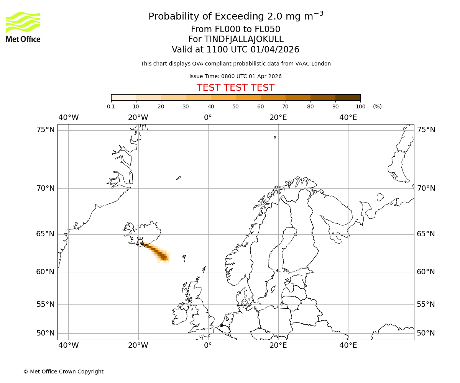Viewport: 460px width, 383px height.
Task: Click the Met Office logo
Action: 23,27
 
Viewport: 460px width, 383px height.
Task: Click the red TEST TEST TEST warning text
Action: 235,88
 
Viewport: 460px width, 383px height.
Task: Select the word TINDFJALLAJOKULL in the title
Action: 244,39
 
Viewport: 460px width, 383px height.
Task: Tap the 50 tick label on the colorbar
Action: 235,106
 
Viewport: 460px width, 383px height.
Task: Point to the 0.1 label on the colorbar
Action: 111,106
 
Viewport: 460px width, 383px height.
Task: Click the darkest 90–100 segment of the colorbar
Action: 348,97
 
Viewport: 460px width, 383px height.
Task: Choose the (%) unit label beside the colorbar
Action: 377,106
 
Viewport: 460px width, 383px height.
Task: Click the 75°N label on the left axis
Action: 46,130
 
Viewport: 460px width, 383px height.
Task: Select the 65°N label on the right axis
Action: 426,234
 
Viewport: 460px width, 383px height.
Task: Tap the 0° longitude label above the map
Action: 208,118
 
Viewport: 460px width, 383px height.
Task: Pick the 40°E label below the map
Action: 348,345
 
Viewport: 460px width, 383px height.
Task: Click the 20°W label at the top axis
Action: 138,118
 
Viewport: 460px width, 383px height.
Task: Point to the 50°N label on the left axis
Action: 46,333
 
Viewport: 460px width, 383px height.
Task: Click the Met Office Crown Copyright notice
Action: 63,372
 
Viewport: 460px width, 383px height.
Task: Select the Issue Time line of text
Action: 235,76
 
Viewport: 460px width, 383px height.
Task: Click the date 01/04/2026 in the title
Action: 275,49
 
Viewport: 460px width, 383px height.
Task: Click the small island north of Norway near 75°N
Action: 274,137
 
